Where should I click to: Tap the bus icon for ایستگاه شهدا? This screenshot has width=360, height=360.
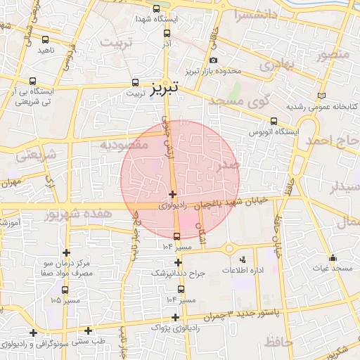(155, 9)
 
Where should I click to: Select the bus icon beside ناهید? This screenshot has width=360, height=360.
(46, 40)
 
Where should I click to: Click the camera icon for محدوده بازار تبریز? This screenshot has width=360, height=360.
(213, 60)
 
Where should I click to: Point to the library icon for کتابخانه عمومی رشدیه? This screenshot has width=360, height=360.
(322, 95)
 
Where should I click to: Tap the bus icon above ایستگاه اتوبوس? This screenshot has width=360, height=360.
(274, 120)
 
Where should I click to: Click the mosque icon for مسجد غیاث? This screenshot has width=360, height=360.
(333, 257)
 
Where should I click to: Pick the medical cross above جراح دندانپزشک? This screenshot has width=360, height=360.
(178, 262)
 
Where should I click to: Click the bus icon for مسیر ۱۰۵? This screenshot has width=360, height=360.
(65, 290)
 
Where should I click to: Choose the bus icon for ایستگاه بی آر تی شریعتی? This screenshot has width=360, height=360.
(34, 80)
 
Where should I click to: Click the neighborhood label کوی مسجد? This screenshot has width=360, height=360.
(240, 101)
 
